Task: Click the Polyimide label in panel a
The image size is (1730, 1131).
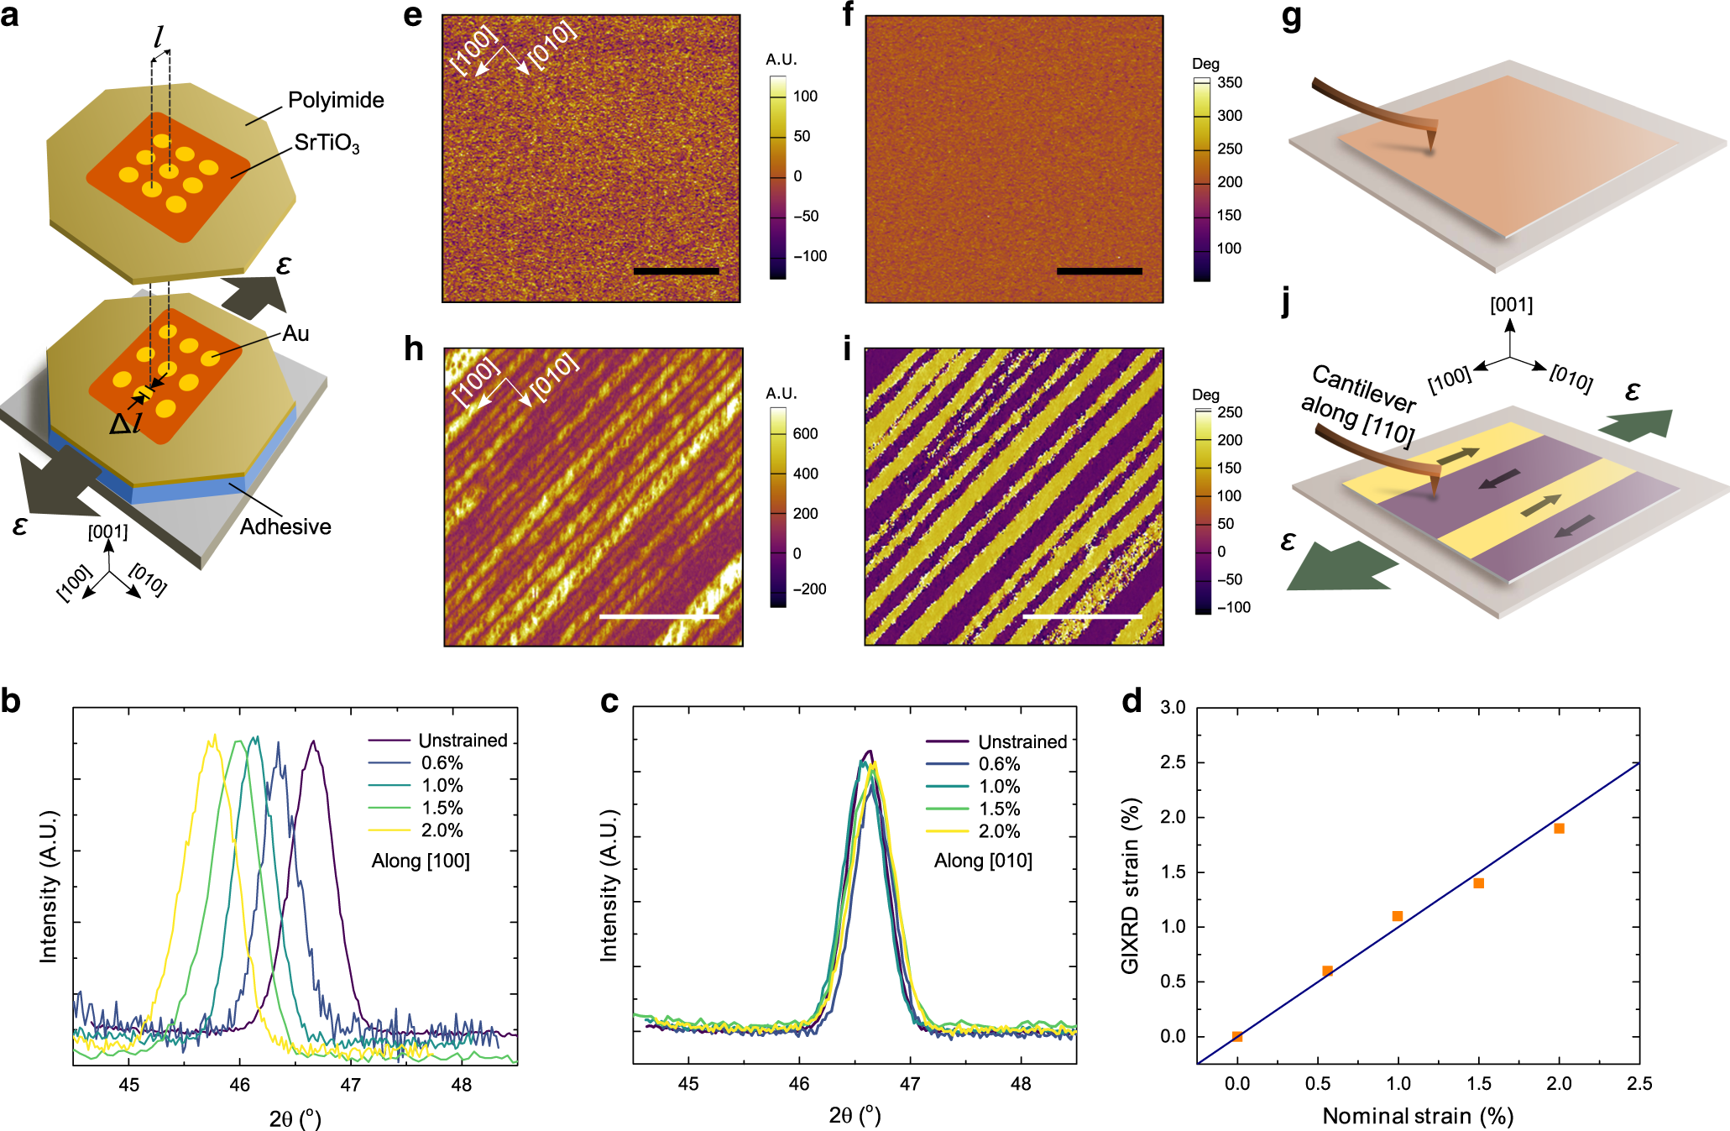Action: coord(336,100)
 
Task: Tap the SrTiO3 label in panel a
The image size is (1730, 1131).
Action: coord(327,144)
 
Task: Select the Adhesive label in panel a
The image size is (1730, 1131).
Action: coord(285,526)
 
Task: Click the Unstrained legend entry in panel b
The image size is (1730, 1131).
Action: coord(463,741)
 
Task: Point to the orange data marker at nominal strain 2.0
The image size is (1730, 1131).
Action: coord(1559,829)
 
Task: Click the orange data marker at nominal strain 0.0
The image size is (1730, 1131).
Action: coord(1237,1037)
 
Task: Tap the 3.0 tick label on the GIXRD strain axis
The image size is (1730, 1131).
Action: coord(1173,708)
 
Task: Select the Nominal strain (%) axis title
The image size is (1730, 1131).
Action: coord(1418,1116)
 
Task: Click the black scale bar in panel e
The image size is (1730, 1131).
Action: coord(676,271)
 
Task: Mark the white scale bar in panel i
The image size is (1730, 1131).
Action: coord(1082,616)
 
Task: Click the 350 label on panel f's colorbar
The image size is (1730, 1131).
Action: coord(1230,82)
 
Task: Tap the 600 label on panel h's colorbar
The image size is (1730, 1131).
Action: coord(805,433)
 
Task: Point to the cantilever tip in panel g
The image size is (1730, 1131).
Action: coord(1430,149)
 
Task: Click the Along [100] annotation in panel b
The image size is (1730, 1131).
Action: coord(421,861)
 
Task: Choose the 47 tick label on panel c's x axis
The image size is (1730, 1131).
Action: coord(910,1084)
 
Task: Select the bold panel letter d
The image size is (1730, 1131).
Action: coord(1132,701)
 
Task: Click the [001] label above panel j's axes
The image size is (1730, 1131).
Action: coord(1511,305)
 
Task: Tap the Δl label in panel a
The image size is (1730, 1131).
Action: coord(124,425)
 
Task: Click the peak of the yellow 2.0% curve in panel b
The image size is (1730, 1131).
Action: coord(214,736)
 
